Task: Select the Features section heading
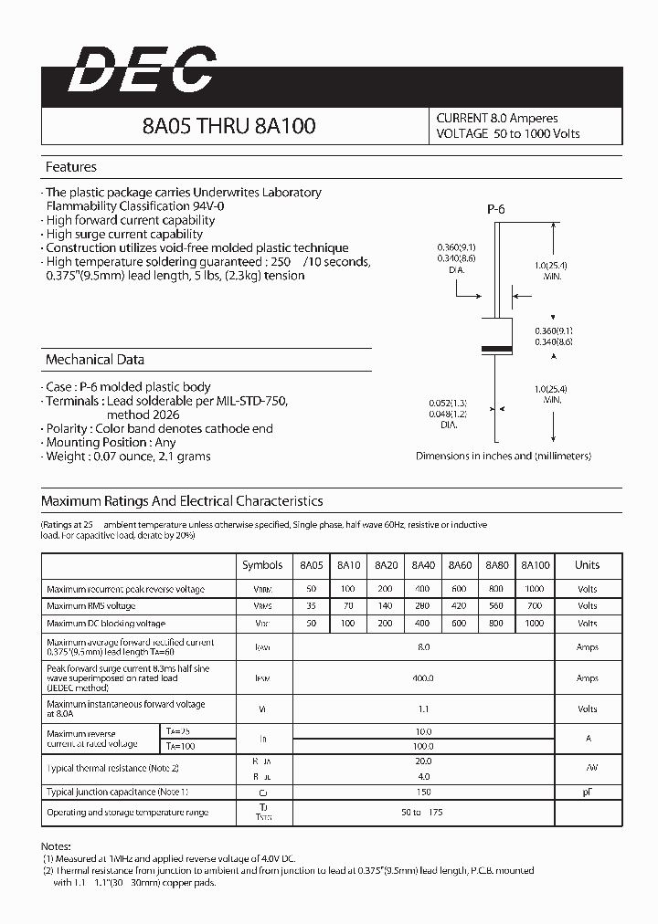pos(71,167)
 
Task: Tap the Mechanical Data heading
pos(95,360)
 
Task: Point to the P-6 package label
pos(495,209)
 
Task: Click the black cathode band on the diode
pos(495,349)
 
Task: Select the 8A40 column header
pos(423,565)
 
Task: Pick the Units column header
pos(587,565)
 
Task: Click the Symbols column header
pos(262,565)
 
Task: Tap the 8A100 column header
pos(536,565)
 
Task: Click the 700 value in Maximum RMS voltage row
pos(535,605)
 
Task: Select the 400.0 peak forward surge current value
pos(423,678)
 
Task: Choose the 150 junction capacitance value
pos(423,793)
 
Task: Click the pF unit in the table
pos(587,793)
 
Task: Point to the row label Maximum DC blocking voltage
pos(106,624)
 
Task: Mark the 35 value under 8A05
pos(312,605)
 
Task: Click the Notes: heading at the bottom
pos(57,847)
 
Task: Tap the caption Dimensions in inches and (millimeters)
pos(504,456)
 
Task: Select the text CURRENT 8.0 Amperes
pos(497,119)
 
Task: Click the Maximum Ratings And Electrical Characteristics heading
pos(182,501)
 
